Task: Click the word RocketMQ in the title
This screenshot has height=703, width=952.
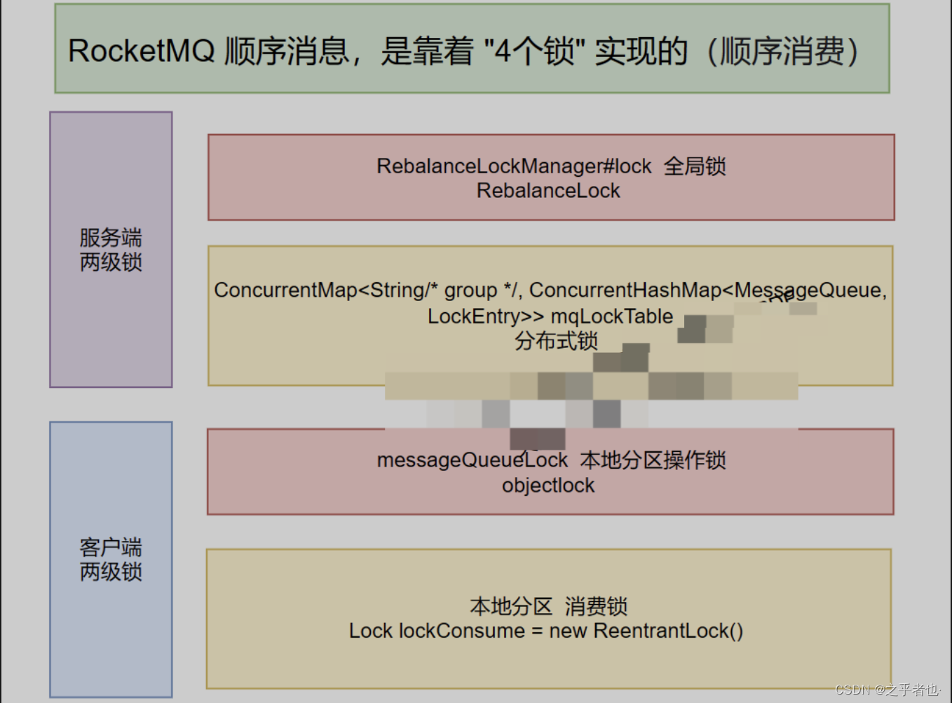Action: [x=141, y=51]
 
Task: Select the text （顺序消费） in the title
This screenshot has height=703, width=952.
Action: [x=782, y=51]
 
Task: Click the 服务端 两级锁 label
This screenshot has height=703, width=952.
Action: [x=111, y=250]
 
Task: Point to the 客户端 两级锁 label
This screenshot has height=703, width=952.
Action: [x=111, y=559]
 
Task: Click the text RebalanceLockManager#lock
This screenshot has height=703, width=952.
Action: [x=514, y=166]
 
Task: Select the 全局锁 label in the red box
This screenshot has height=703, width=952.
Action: [x=695, y=166]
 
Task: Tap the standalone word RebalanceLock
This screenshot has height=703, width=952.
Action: [x=548, y=191]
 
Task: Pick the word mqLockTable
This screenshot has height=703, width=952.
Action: [x=611, y=316]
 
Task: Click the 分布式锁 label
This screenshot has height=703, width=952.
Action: [x=556, y=341]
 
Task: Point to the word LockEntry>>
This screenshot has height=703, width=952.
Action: [x=486, y=316]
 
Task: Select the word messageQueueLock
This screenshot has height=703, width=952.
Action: [x=472, y=460]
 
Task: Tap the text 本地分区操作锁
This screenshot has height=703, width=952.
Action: [x=653, y=460]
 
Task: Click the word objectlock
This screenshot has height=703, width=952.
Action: [x=548, y=486]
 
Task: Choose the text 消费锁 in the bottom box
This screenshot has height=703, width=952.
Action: [x=596, y=606]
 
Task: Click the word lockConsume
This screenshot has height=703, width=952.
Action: [x=461, y=631]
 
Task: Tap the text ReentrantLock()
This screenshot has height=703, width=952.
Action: [x=668, y=631]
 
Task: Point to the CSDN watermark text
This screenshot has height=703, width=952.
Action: [x=886, y=690]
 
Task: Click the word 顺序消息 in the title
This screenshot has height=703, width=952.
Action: [x=287, y=51]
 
